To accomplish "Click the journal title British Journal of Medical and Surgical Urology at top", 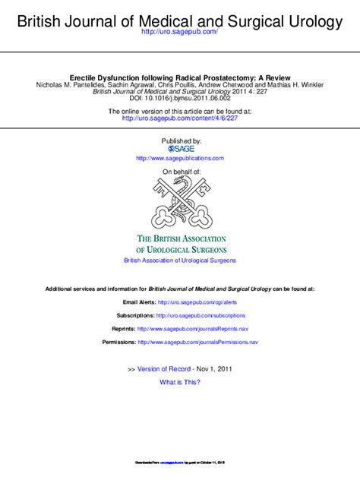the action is pos(180,22).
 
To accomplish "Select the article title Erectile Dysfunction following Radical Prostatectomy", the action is pos(180,77).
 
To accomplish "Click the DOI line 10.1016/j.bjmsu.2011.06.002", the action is pos(180,99).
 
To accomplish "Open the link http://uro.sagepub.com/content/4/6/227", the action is pos(180,118).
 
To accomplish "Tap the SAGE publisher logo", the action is pos(181,149).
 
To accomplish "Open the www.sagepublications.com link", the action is pos(180,159).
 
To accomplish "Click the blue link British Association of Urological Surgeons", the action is pos(180,261).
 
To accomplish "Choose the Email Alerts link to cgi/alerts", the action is pos(197,302).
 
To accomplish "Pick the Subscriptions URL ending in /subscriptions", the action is pos(201,315).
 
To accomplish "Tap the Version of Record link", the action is pos(165,368).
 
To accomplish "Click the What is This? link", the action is pos(180,382).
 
